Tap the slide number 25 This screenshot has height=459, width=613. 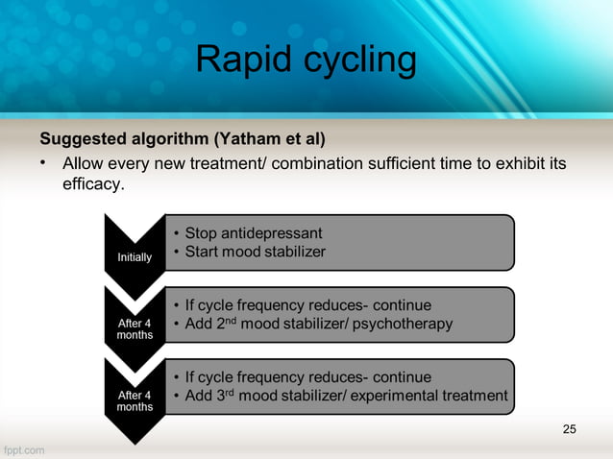tap(570, 428)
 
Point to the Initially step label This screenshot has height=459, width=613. tap(134, 257)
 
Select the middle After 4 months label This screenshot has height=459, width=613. tap(135, 329)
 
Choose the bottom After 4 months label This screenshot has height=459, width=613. tap(135, 401)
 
